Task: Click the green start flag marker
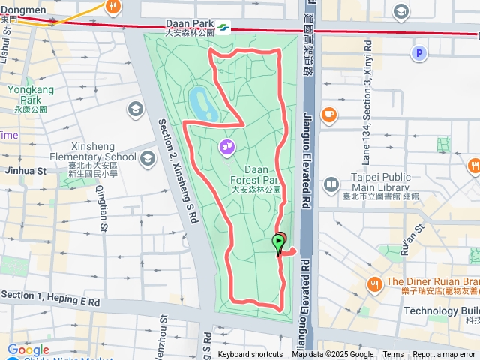(278, 243)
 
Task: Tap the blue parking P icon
(419, 53)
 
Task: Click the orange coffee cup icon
(328, 114)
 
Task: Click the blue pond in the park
(203, 103)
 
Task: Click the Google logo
(28, 349)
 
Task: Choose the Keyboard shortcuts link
(250, 355)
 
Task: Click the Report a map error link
(445, 355)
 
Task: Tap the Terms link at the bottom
(393, 355)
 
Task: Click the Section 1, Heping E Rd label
(50, 296)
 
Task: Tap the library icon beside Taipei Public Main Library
(331, 184)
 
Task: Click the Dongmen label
(22, 10)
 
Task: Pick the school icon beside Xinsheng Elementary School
(147, 158)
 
